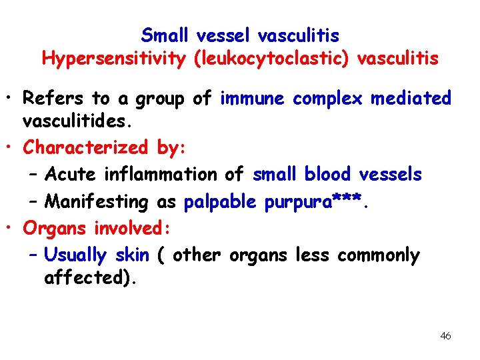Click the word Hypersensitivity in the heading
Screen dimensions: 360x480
(114, 59)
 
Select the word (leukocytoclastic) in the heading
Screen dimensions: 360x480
(271, 59)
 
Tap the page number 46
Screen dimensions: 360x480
(445, 336)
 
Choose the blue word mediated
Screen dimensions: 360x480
(411, 99)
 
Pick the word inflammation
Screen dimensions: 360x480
(160, 175)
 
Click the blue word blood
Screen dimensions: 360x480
(328, 175)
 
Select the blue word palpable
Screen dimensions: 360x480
(223, 202)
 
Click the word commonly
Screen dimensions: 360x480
(379, 256)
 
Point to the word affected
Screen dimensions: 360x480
(85, 278)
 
